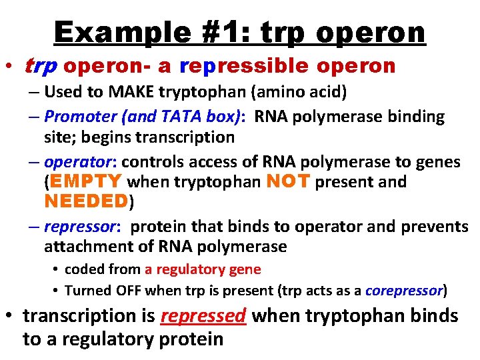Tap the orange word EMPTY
85,181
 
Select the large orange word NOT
288,181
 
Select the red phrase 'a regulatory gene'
203,269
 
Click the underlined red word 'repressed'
204,315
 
